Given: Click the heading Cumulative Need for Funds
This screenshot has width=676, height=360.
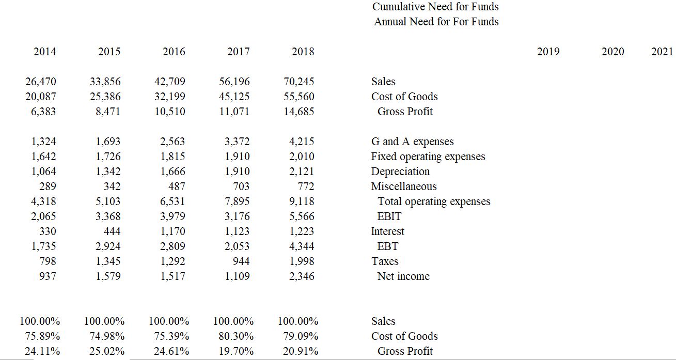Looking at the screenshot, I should pos(435,7).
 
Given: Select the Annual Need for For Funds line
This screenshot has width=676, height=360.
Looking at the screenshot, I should pos(436,22).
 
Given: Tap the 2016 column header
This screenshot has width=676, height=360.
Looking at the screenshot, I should pos(174,52).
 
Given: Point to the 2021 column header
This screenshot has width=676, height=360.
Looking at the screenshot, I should pos(662,52).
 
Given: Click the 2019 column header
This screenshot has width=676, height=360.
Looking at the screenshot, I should pos(548,52).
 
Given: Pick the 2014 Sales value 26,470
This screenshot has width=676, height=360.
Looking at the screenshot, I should pos(41,82).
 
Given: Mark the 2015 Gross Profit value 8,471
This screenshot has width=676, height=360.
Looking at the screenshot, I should pos(108,112).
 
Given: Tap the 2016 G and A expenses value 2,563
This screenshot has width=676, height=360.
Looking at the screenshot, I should pos(172,142).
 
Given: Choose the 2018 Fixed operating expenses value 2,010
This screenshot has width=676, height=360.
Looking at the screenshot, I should pos(302,156).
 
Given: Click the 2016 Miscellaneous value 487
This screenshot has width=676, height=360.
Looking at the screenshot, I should pos(177,186).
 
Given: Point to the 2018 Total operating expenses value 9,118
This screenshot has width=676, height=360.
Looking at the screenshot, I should pos(302,201).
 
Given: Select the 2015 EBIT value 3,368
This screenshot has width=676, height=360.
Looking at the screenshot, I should pos(108,216).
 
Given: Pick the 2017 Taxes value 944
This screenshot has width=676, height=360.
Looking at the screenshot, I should pos(241,261).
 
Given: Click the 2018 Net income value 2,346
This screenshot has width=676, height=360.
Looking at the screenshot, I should pos(302,276).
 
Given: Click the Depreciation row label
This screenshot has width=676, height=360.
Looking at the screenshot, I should pos(400,171).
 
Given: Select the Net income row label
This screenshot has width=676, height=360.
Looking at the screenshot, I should pos(403,276).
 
